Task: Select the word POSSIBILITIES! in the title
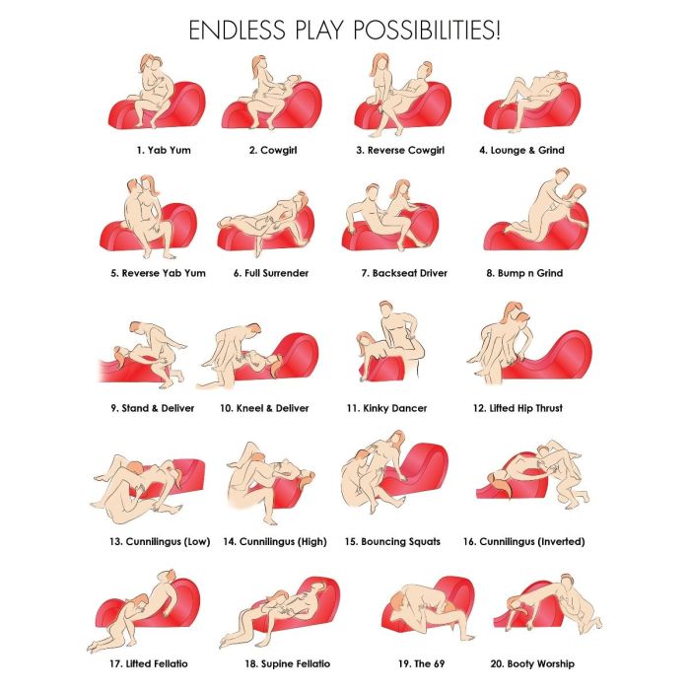[x=427, y=31]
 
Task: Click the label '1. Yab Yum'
[x=164, y=150]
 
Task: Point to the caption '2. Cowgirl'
[x=273, y=150]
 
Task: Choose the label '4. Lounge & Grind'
[x=521, y=150]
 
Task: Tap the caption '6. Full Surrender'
[x=271, y=273]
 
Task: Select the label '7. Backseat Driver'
[x=404, y=273]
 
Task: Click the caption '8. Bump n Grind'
[x=524, y=273]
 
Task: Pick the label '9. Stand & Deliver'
[x=152, y=408]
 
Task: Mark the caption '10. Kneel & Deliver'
[x=264, y=408]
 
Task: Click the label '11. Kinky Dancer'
[x=386, y=408]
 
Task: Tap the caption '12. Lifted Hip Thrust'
[x=517, y=408]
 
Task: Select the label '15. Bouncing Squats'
[x=392, y=541]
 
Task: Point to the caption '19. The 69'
[x=421, y=663]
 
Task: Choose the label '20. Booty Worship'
[x=532, y=663]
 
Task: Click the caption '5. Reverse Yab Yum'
[x=158, y=273]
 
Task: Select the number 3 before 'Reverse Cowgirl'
[x=360, y=150]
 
